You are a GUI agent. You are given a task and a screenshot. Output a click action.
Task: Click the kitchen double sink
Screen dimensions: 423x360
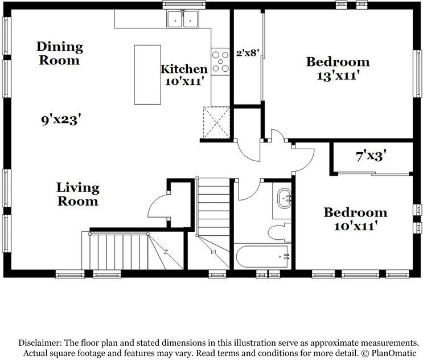183,19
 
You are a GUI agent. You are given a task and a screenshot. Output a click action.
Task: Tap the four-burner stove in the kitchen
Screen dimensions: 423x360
220,62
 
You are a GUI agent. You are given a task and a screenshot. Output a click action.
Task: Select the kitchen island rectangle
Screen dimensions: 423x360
147,75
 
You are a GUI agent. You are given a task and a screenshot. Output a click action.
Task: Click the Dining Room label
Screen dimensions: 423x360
60,54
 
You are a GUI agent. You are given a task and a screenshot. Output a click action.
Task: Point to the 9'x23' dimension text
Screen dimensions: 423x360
61,119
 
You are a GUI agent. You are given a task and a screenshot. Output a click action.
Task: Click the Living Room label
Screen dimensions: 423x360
77,195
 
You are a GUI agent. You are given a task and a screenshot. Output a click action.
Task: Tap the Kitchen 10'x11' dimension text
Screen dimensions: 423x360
184,81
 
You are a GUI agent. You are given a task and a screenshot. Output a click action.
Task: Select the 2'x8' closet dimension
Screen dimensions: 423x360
248,53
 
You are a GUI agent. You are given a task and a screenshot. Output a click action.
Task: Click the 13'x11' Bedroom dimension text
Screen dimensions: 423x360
338,76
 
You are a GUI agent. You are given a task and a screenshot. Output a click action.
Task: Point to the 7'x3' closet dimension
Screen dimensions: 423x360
371,156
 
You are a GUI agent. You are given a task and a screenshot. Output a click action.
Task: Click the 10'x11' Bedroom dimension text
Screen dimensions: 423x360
355,226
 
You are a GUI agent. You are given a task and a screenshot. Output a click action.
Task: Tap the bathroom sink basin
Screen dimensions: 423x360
284,199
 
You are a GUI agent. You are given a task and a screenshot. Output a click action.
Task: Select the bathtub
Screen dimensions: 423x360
262,256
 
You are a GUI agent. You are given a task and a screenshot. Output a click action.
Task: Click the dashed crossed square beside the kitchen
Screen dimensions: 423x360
216,123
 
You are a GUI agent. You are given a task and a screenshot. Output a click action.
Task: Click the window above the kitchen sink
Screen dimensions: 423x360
184,5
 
